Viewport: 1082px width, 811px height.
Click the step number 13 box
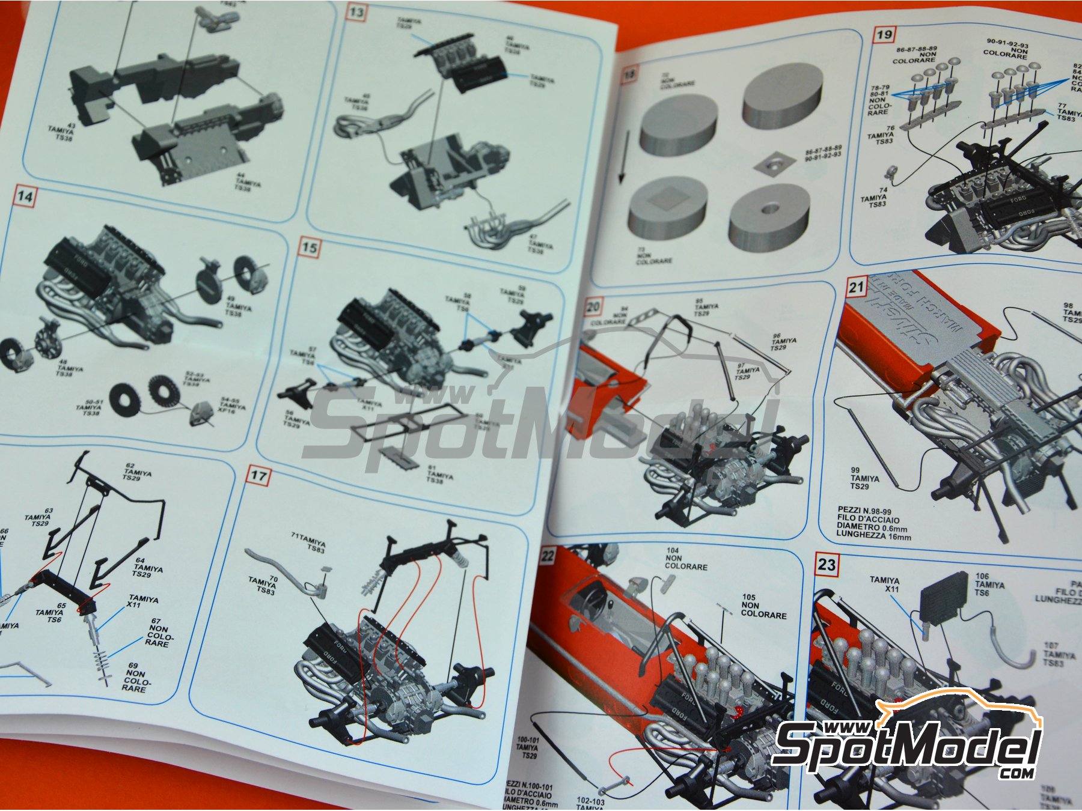click(356, 13)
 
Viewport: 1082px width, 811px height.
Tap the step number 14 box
click(25, 196)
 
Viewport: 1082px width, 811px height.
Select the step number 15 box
click(309, 248)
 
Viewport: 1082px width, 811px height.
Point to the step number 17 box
click(258, 476)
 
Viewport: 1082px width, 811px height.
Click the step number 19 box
click(884, 34)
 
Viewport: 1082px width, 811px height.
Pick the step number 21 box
click(856, 287)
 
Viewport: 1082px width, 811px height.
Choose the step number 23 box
click(827, 564)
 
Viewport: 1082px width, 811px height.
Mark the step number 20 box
click(593, 307)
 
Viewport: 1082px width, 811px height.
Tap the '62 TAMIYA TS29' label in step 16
click(136, 472)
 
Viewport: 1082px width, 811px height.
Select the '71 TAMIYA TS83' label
click(308, 541)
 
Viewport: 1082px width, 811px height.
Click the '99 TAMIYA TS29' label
click(864, 478)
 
